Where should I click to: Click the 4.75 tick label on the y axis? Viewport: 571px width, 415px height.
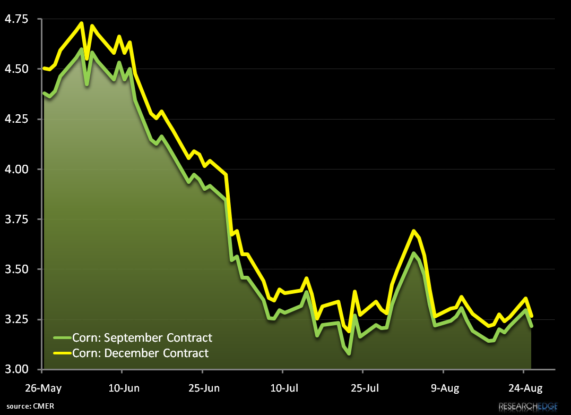pyautogui.click(x=16, y=19)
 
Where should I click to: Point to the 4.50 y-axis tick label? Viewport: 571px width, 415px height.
pyautogui.click(x=16, y=69)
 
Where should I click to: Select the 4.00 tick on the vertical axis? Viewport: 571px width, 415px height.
pyautogui.click(x=16, y=169)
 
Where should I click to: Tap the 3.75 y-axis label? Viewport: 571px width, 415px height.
pyautogui.click(x=16, y=219)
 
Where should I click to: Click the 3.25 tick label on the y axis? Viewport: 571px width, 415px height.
pyautogui.click(x=16, y=319)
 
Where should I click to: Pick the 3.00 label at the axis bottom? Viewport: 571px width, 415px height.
pyautogui.click(x=16, y=369)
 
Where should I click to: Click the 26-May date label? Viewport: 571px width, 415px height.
pyautogui.click(x=43, y=388)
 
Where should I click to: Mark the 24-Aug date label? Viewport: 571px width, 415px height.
pyautogui.click(x=524, y=388)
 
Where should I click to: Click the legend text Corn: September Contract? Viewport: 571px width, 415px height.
pyautogui.click(x=142, y=337)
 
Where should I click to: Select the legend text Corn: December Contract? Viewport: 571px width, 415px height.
pyautogui.click(x=141, y=353)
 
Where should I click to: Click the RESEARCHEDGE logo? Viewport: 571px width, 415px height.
pyautogui.click(x=527, y=407)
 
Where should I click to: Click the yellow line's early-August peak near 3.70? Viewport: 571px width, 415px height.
pyautogui.click(x=413, y=231)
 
